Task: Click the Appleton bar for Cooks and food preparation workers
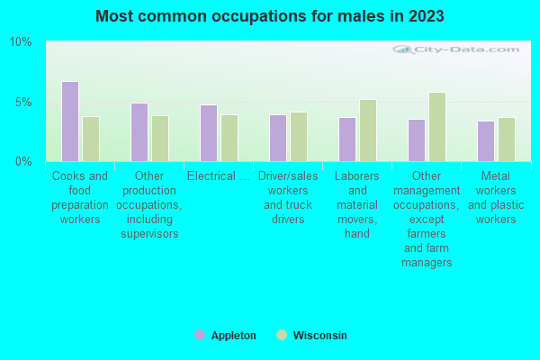tap(70, 121)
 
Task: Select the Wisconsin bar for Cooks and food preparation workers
tap(91, 139)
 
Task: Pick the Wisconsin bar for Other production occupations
tap(160, 139)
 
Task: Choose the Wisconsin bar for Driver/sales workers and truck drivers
tap(299, 137)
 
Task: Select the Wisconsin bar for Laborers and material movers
tap(368, 130)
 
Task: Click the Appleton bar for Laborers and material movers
tap(347, 139)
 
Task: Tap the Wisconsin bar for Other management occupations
tap(437, 127)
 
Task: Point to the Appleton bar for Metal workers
tap(486, 141)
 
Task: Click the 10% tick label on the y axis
tap(21, 42)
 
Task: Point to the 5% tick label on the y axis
tap(23, 102)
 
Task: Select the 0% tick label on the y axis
tap(23, 161)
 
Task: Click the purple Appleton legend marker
tap(199, 335)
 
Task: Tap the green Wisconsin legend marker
tap(282, 335)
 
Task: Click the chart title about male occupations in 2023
tap(270, 16)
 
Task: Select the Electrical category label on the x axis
tap(219, 176)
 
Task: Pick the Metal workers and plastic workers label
tap(496, 198)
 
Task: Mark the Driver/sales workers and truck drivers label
tap(288, 198)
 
